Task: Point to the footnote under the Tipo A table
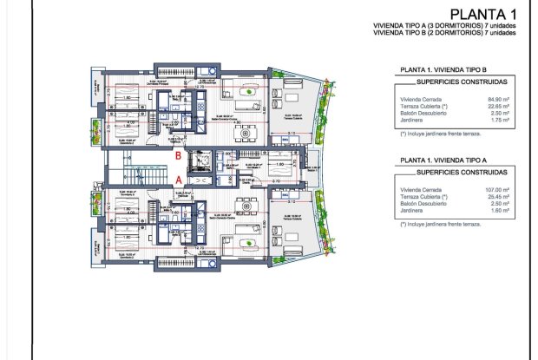coord(441,223)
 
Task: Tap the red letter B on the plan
coord(179,156)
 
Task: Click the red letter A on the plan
coord(179,179)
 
